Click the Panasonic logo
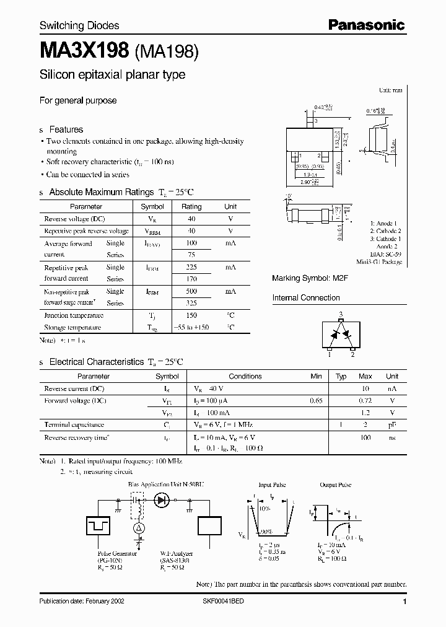366,25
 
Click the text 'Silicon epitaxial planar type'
112,75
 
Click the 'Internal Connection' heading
306,298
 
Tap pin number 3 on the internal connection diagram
340,315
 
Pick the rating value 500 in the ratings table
191,291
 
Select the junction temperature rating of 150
191,315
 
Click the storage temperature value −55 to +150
191,327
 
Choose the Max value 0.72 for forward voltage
365,401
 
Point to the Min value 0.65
316,401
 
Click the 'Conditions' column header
245,376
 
